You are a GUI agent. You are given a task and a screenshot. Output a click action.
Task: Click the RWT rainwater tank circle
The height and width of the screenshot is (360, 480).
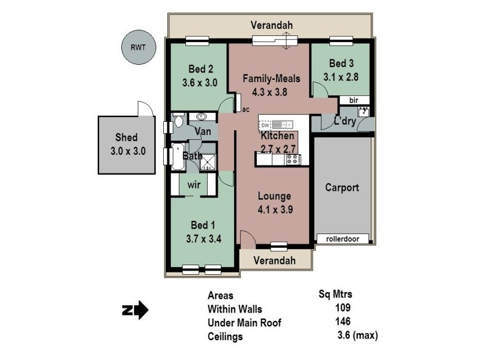click(139, 47)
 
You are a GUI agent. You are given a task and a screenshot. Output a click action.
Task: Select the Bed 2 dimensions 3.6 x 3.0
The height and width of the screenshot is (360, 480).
click(199, 83)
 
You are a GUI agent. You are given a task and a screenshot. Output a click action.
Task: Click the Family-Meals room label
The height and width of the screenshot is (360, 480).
click(271, 79)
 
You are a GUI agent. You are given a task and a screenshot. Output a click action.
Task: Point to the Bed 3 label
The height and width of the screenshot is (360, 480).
click(341, 64)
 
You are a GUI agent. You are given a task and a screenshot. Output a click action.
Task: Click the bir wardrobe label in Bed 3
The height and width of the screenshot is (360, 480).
click(353, 100)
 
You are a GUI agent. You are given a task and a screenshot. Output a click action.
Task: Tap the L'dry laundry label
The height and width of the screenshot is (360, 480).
click(345, 122)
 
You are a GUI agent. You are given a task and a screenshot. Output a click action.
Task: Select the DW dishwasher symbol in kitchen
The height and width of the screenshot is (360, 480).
click(266, 125)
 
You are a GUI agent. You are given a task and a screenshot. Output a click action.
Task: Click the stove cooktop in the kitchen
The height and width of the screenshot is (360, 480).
click(293, 160)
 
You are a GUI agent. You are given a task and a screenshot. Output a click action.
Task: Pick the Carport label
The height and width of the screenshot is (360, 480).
click(342, 187)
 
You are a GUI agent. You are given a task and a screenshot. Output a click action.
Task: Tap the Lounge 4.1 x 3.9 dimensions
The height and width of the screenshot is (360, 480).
click(274, 210)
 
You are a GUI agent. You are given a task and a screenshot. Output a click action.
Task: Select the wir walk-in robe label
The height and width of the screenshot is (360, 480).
click(194, 184)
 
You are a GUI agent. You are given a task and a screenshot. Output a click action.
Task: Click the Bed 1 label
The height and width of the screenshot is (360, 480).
click(203, 225)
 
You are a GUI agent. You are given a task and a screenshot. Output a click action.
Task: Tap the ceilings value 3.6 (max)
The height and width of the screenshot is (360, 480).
click(358, 336)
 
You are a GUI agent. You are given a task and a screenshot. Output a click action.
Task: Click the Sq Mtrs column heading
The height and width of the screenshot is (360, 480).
click(335, 294)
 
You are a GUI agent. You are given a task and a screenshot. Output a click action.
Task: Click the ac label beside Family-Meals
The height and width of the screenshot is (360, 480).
click(245, 110)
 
